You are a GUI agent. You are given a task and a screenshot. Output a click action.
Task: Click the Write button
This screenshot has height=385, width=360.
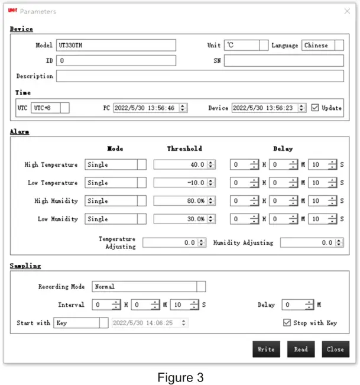coord(266,349)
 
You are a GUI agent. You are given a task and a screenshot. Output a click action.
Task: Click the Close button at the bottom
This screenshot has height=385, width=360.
coord(335,349)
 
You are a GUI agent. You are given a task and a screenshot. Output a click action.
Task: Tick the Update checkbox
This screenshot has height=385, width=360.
coord(315,108)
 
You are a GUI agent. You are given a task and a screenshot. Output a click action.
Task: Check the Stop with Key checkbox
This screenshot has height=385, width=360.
coord(287,323)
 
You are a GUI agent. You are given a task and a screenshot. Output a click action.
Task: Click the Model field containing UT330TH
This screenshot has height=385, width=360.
coord(116,45)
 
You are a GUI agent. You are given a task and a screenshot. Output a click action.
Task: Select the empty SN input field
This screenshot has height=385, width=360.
coord(283,60)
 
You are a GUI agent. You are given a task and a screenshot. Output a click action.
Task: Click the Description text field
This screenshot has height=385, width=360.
coord(199,76)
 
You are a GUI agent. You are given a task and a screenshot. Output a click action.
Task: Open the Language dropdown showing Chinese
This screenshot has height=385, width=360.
coord(323,46)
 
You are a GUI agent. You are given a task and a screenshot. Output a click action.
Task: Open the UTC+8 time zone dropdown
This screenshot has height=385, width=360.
coord(50,108)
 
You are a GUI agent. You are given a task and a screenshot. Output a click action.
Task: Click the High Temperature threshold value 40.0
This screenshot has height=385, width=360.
coord(180,165)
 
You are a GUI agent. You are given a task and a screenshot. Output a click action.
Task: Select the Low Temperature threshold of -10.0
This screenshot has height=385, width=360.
coord(180,183)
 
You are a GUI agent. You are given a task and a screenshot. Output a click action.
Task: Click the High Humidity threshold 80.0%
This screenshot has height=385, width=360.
coord(180,201)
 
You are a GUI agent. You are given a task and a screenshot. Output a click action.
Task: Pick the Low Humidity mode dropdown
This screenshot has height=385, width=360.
coord(115,219)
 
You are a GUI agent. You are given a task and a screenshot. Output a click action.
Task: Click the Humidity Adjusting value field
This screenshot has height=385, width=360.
coord(308,242)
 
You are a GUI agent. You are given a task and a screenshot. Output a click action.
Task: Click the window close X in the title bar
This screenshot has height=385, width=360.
coord(347,11)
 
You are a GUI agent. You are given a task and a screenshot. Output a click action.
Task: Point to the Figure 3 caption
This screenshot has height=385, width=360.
coord(180,376)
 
